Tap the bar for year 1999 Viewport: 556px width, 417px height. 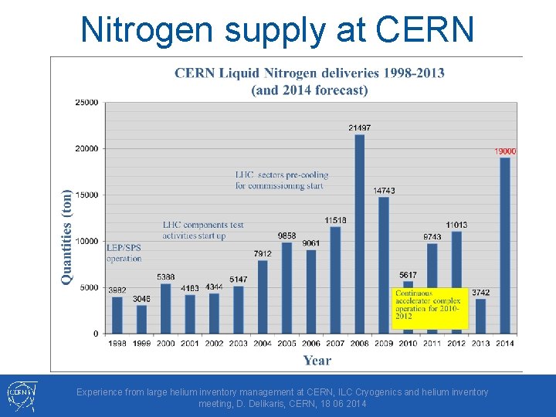[x=141, y=319]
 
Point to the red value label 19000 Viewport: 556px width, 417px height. [x=505, y=151]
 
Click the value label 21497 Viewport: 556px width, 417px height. [x=359, y=127]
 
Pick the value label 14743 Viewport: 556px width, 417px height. [x=384, y=191]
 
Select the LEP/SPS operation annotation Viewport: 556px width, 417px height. [x=124, y=253]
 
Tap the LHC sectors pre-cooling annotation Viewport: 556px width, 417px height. [x=281, y=180]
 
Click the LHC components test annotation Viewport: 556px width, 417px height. [x=202, y=230]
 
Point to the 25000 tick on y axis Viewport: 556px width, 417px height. [x=86, y=102]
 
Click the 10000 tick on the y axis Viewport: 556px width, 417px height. [x=86, y=241]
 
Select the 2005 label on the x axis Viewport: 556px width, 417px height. [x=286, y=343]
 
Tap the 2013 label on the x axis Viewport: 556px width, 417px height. [x=480, y=343]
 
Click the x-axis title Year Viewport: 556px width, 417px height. [x=317, y=360]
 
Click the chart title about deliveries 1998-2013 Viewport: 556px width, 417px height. [x=310, y=81]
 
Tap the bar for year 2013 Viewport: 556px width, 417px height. [x=480, y=316]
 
